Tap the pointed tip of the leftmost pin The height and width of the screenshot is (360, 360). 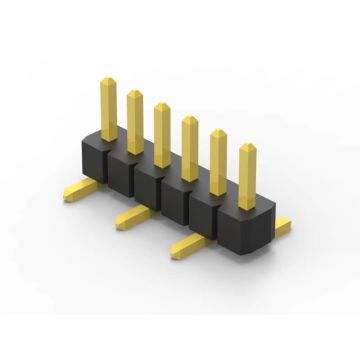coord(109,73)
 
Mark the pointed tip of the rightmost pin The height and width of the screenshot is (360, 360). coord(247,147)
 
